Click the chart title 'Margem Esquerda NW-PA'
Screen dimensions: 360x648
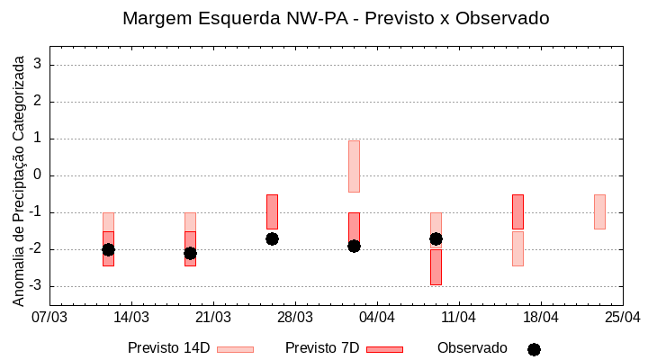pos(336,18)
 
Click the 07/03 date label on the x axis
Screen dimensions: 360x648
pos(49,318)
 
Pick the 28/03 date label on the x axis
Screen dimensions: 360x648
pos(295,318)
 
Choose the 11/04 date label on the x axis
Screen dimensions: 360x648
pos(459,318)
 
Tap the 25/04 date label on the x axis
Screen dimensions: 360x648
pos(622,318)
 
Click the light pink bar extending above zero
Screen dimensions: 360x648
pos(354,166)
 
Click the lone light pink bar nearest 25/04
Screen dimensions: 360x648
pos(599,211)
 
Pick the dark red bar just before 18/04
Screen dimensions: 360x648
pos(517,211)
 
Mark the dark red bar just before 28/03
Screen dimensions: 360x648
pos(272,211)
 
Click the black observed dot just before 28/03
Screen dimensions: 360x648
pos(272,238)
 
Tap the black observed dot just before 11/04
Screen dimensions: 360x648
pos(436,238)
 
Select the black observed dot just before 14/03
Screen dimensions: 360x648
pos(108,249)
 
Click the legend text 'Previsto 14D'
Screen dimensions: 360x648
pos(168,348)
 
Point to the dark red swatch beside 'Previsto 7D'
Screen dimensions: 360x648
pos(384,349)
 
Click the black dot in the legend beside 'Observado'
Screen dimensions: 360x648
pos(534,349)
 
